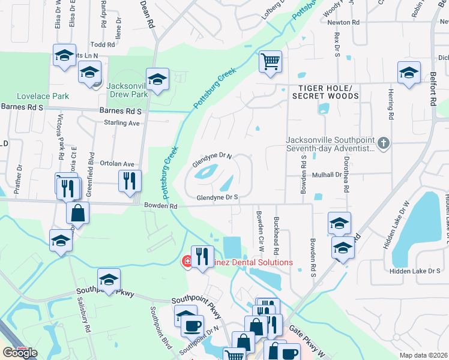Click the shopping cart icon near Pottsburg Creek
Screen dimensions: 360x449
pyautogui.click(x=271, y=61)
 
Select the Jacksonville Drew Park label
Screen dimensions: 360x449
pyautogui.click(x=127, y=90)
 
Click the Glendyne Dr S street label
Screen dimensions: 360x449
pyautogui.click(x=218, y=197)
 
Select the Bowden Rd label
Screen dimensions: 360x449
pyautogui.click(x=161, y=206)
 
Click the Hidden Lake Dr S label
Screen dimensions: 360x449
pyautogui.click(x=415, y=271)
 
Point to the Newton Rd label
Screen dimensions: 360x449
pyautogui.click(x=343, y=22)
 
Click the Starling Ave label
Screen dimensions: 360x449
pyautogui.click(x=122, y=123)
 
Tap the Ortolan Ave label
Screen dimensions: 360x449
pyautogui.click(x=116, y=164)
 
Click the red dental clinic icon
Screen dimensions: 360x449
pyautogui.click(x=187, y=262)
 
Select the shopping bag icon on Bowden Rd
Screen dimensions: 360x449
pyautogui.click(x=78, y=212)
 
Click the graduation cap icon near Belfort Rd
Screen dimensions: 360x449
pyautogui.click(x=409, y=73)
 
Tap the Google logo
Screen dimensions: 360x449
pyautogui.click(x=20, y=352)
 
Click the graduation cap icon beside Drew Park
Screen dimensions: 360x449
pyautogui.click(x=157, y=79)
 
